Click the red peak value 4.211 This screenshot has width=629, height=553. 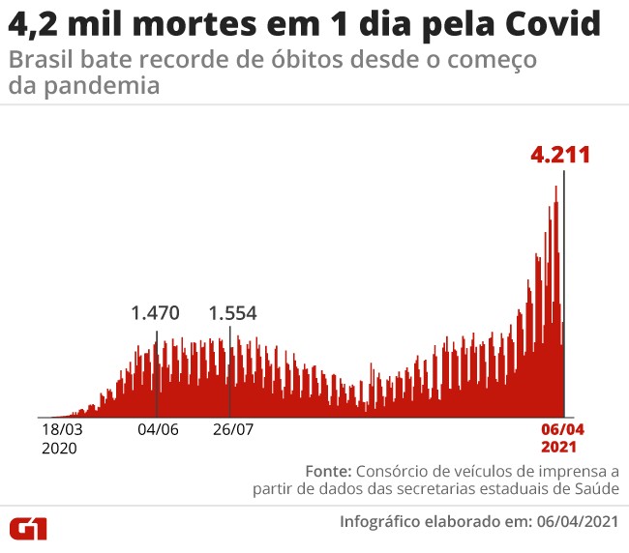[x=559, y=156]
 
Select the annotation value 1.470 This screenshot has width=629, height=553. [x=156, y=313]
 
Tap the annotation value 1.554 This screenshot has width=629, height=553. [x=233, y=313]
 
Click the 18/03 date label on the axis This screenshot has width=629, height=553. [x=61, y=429]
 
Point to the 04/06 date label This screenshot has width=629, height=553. [x=156, y=429]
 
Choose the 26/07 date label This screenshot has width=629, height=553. [x=232, y=429]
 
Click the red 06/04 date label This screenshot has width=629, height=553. [x=559, y=429]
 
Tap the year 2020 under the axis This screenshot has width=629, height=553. [x=59, y=448]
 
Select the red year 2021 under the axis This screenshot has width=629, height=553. [x=559, y=448]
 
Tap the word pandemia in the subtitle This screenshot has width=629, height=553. [x=82, y=86]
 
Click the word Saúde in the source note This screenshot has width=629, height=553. [x=596, y=489]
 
